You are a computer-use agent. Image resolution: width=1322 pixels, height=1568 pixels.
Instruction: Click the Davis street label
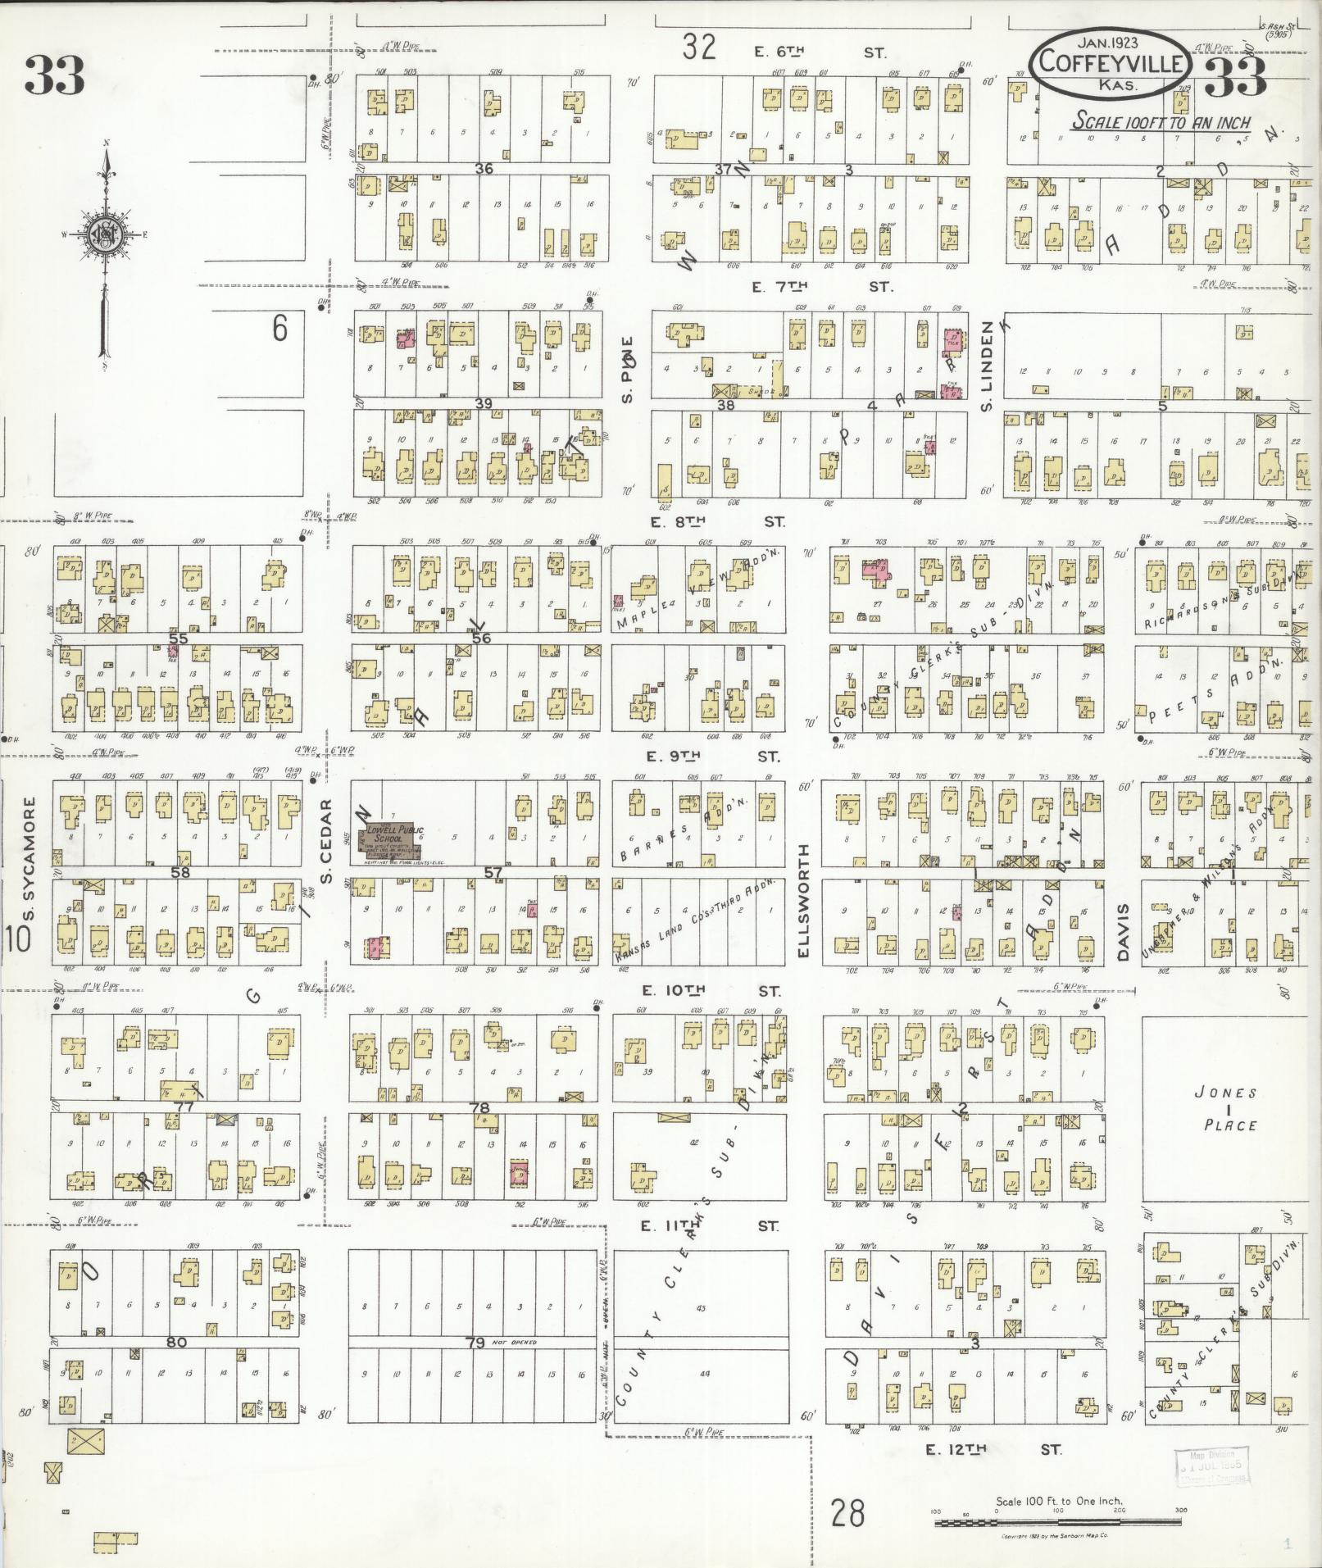click(1122, 932)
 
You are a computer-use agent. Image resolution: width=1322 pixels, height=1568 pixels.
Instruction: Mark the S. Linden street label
click(987, 365)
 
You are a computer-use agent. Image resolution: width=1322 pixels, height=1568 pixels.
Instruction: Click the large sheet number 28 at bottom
click(847, 1513)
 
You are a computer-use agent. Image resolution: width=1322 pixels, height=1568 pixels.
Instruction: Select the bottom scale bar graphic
click(1057, 1522)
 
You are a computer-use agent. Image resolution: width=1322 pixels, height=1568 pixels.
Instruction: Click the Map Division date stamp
click(1210, 1466)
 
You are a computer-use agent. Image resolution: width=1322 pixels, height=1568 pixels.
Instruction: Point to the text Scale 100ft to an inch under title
click(1161, 121)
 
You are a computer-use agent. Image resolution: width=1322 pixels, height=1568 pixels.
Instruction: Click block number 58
click(180, 873)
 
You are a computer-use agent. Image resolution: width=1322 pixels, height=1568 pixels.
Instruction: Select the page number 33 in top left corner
click(54, 75)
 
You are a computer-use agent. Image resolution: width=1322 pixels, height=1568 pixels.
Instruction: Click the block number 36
click(484, 168)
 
